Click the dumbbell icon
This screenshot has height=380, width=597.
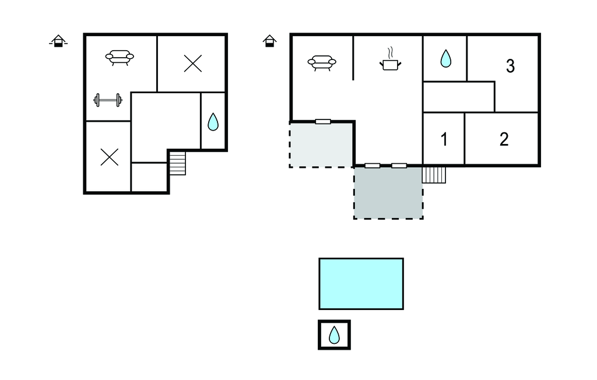click(108, 100)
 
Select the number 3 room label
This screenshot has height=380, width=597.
click(510, 66)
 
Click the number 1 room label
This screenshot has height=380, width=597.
click(444, 139)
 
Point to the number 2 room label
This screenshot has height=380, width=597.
click(504, 139)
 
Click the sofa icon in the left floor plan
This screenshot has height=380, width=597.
click(120, 58)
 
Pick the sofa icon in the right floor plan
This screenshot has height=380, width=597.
click(322, 63)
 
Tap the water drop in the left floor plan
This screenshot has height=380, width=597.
click(213, 121)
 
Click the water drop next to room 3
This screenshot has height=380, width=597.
click(445, 59)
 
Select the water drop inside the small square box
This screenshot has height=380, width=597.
click(334, 335)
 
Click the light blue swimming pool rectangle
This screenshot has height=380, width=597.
click(361, 284)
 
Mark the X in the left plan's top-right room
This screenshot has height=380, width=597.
click(192, 63)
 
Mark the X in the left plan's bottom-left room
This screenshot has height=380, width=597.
click(109, 157)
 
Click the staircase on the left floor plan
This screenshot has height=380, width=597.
click(177, 163)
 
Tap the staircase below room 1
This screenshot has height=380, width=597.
click(434, 175)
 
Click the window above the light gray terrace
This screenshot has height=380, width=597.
click(323, 122)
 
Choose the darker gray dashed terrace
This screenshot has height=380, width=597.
click(388, 192)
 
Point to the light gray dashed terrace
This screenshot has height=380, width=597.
click(322, 145)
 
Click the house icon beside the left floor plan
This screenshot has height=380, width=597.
click(58, 41)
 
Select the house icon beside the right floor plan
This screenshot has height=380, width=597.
click(269, 41)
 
